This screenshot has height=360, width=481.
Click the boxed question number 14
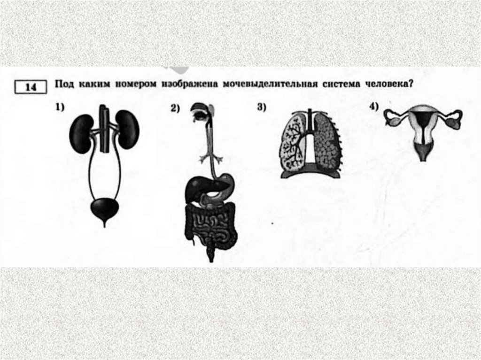coord(31,87)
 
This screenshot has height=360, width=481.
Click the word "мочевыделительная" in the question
coord(270,84)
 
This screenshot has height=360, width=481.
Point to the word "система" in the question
coord(341,84)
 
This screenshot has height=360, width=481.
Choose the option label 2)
coord(175,108)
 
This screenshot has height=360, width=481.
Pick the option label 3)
coord(262,107)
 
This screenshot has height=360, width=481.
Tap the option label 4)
coord(374,107)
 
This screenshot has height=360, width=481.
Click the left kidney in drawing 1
coord(81,134)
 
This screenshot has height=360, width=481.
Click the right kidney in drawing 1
coord(128,130)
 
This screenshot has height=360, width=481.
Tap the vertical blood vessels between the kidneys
coord(104,128)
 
